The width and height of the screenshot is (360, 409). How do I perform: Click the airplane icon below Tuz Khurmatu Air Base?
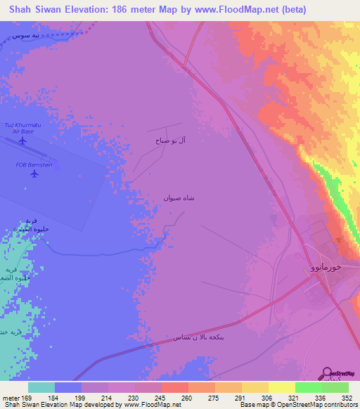[x=22, y=141]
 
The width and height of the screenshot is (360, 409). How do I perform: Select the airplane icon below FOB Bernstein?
[x=34, y=174]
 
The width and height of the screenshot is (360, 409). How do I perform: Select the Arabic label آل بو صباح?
[x=171, y=141]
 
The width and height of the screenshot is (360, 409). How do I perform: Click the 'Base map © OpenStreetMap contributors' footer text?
[x=297, y=404]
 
